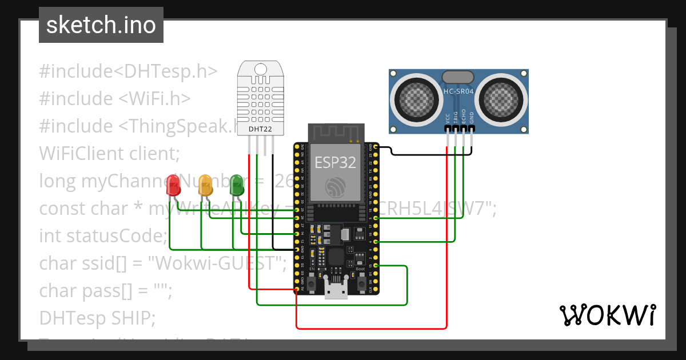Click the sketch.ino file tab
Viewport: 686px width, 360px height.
coord(101,25)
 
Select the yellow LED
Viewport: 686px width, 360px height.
coord(205,185)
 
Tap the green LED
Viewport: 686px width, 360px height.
coord(236,184)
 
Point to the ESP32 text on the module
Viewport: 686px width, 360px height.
coord(336,162)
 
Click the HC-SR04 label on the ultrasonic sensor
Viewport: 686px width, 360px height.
coord(458,91)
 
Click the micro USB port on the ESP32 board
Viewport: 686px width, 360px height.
coord(336,289)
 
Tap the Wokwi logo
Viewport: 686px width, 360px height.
coord(607,315)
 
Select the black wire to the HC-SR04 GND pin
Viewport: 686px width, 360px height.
coord(434,154)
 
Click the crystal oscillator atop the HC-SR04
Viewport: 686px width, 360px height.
coord(458,76)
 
